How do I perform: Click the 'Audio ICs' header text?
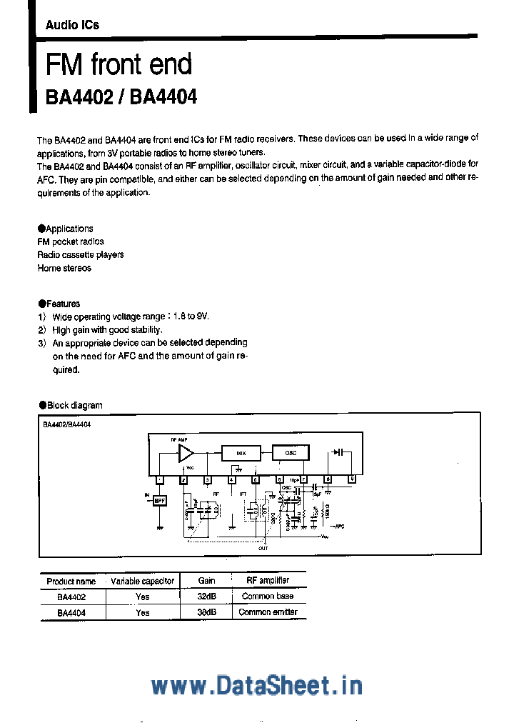(72, 25)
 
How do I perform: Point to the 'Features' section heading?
(62, 304)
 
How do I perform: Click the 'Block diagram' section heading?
(74, 405)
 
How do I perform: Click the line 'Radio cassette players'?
(81, 254)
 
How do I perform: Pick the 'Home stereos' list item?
(64, 268)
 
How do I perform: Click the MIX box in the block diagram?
(241, 453)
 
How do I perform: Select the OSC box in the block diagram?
(290, 453)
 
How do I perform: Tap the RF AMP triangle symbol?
(186, 452)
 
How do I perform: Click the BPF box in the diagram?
(160, 502)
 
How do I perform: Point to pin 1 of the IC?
(160, 479)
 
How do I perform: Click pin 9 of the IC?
(351, 479)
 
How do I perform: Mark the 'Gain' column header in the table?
(206, 581)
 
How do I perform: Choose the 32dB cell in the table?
(206, 596)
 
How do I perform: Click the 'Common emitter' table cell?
(268, 612)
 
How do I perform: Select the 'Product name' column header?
(71, 581)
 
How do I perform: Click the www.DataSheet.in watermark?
(257, 685)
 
